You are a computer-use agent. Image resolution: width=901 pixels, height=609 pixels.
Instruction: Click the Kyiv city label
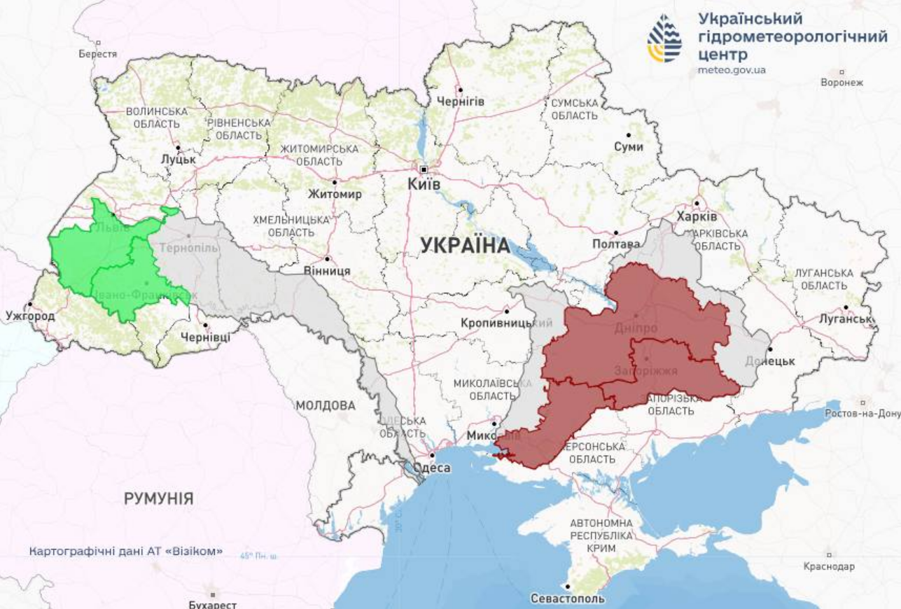tap(424, 184)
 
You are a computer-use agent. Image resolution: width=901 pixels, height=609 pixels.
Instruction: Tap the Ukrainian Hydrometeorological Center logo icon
tap(664, 38)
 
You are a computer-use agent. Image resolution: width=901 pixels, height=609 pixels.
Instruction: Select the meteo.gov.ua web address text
tap(732, 70)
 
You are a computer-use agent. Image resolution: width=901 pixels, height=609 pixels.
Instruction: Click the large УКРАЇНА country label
tap(466, 245)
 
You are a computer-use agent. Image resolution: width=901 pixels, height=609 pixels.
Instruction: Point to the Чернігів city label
tap(461, 101)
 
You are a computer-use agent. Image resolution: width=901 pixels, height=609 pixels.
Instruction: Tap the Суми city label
tap(628, 147)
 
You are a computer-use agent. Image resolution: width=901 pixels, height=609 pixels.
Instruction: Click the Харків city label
tap(697, 216)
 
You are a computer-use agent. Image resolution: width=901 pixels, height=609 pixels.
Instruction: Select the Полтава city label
tap(616, 244)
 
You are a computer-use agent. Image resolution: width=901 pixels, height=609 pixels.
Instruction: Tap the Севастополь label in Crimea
tap(567, 598)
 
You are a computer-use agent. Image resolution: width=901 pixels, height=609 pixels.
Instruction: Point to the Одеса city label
tap(432, 468)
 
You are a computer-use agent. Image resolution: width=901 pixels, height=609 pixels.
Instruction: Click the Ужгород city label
tap(30, 316)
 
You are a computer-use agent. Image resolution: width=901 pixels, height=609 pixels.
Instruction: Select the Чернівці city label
tap(205, 337)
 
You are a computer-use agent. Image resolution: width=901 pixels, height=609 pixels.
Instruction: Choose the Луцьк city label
tap(178, 160)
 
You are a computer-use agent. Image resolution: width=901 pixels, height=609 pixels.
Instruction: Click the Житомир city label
tap(335, 194)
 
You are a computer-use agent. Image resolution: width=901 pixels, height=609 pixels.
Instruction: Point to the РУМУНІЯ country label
tap(159, 498)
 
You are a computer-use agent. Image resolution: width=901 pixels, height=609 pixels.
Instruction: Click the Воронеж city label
tap(841, 82)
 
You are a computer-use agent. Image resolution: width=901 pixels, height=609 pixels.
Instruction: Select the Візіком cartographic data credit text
tap(126, 551)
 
